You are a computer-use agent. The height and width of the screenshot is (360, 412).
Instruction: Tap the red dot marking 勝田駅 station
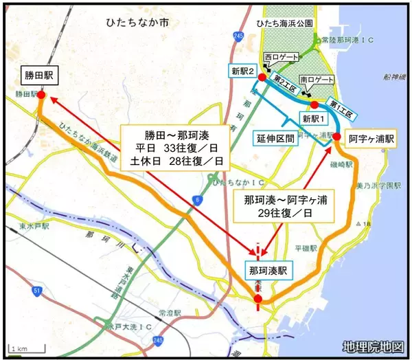[x=41, y=96]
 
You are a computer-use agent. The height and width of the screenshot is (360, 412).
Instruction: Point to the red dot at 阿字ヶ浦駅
[x=336, y=137]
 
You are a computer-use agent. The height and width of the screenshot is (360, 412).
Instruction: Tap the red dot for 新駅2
[x=261, y=78]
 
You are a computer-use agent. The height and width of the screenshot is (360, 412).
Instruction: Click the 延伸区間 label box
[x=274, y=137]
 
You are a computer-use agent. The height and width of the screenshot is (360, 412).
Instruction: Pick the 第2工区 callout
[x=284, y=81]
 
